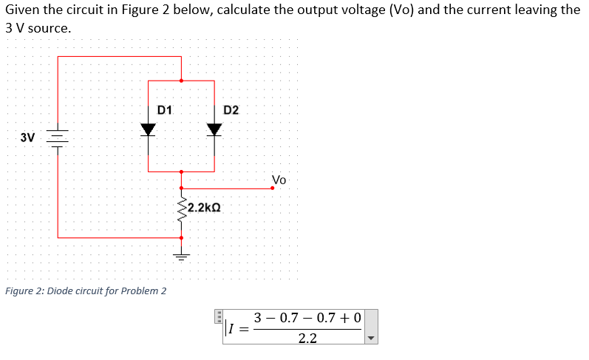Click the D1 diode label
165,109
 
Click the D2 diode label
231,110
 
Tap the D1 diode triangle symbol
149,129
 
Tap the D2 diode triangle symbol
214,129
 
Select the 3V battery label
27,137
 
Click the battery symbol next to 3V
58,137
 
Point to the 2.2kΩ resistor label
203,208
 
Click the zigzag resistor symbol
181,209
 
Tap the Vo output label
279,180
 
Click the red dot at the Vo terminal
272,188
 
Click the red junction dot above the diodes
181,80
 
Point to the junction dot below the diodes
181,171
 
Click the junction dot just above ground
181,237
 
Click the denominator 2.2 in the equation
307,339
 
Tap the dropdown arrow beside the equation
372,339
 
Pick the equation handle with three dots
219,316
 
